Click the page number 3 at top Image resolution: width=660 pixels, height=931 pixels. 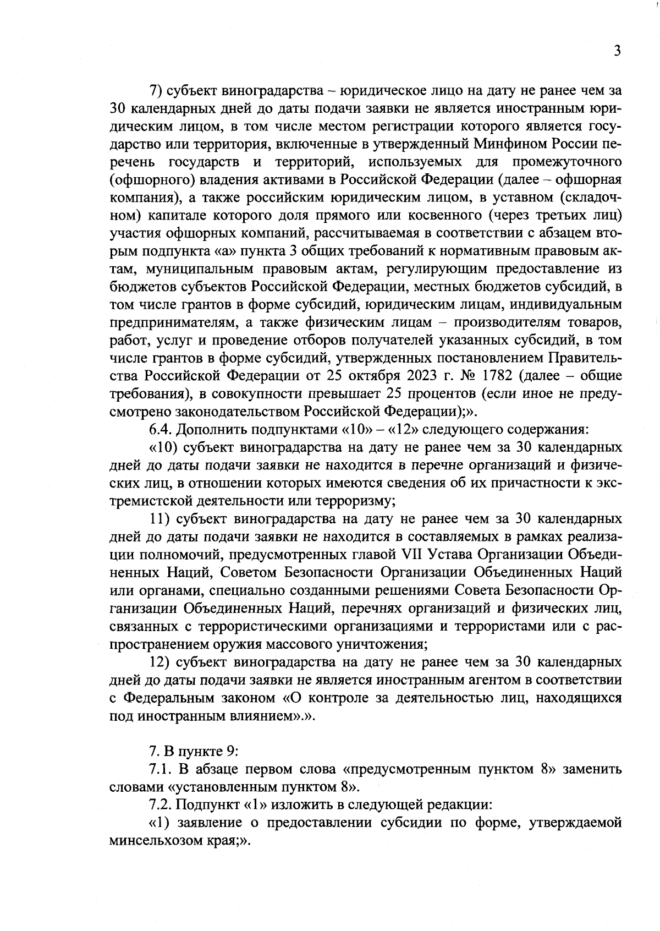coord(617,51)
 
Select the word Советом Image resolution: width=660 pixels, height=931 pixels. coord(250,572)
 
